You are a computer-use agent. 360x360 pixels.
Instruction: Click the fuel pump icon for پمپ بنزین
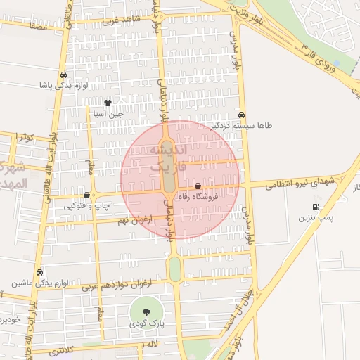(315, 207)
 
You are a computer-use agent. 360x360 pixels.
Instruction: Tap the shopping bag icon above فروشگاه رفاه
(198, 187)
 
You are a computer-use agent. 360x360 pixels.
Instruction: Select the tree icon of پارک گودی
(146, 313)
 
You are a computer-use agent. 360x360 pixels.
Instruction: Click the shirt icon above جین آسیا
(107, 103)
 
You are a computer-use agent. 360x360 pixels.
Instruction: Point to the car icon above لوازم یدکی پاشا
(63, 75)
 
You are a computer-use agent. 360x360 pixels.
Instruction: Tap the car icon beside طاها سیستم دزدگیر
(242, 115)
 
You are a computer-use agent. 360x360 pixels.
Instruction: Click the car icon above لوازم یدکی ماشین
(39, 272)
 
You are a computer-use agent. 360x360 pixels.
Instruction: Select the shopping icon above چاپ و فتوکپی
(87, 195)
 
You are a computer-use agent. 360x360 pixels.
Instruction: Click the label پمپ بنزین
(314, 219)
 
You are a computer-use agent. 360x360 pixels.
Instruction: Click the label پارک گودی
(146, 325)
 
